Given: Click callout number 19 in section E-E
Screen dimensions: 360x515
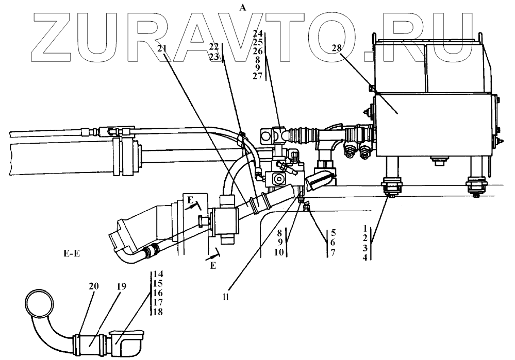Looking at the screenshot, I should click(122, 286).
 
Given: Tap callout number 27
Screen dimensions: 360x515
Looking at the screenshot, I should click(258, 76).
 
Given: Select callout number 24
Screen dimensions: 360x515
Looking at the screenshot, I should click(258, 33).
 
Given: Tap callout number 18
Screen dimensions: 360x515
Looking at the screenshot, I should click(158, 312).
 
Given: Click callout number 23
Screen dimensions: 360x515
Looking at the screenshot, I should click(214, 57).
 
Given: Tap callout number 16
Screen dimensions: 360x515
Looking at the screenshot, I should click(158, 293).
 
